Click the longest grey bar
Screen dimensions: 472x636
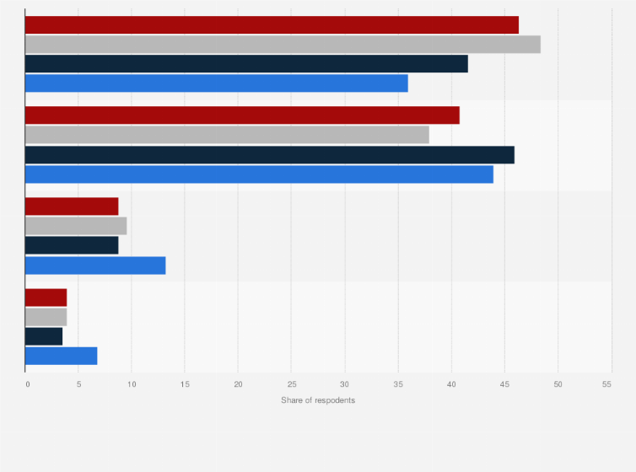click(283, 45)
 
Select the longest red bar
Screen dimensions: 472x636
click(272, 25)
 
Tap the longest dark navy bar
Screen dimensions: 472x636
click(269, 155)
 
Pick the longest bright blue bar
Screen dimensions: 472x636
click(259, 174)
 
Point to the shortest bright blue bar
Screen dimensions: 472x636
click(61, 356)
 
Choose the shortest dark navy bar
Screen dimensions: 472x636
click(44, 336)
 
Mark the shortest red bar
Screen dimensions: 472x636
click(46, 298)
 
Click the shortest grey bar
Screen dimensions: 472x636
click(46, 317)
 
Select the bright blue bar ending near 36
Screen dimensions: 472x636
click(216, 83)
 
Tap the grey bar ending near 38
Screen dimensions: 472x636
click(227, 135)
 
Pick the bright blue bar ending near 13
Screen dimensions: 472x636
click(95, 265)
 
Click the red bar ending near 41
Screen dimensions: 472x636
click(242, 115)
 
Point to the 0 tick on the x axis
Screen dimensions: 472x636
click(27, 384)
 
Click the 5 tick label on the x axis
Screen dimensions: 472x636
click(78, 384)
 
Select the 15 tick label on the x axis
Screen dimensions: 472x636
click(185, 384)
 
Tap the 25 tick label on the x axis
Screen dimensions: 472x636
click(291, 384)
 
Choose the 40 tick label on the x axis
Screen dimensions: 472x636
click(451, 384)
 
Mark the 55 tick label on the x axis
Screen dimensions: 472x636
click(606, 384)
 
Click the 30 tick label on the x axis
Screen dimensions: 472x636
click(344, 384)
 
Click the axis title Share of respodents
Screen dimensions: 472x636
click(318, 400)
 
